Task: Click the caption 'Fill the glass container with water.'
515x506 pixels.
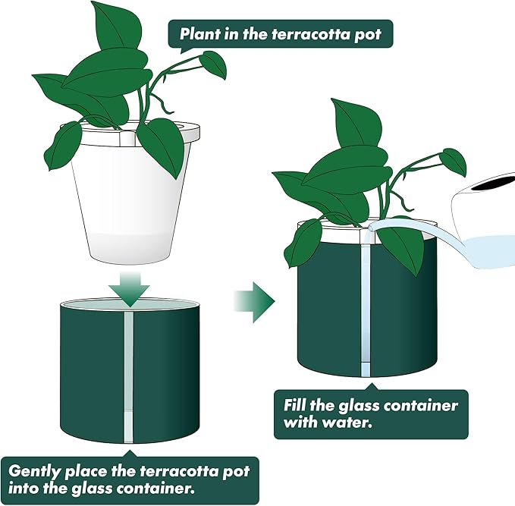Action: coord(370,414)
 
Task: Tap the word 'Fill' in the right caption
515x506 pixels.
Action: coord(297,405)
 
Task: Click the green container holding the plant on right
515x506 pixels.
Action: coord(326,311)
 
